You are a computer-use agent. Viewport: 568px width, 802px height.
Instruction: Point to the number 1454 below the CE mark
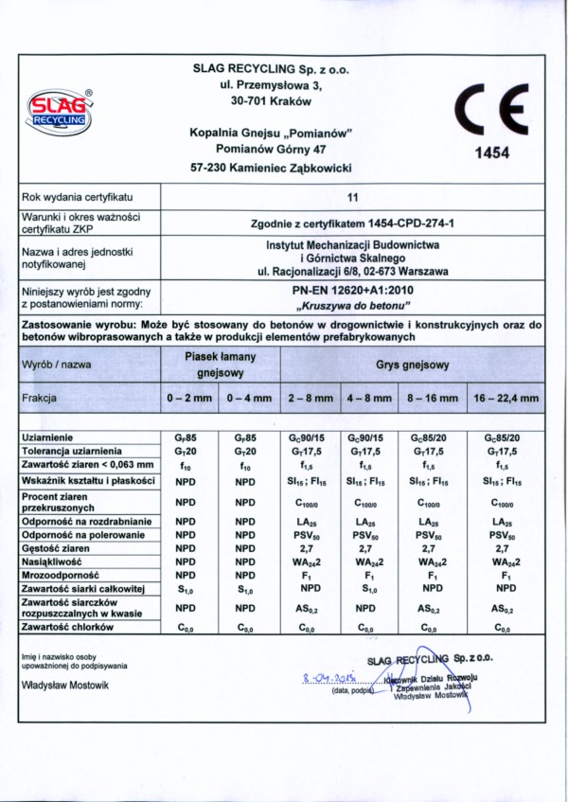[x=491, y=151]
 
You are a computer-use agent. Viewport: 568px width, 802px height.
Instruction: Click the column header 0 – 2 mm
[x=189, y=399]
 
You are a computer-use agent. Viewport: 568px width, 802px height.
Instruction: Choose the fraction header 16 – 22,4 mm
[x=506, y=399]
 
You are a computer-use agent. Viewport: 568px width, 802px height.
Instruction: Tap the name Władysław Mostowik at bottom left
[x=64, y=685]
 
